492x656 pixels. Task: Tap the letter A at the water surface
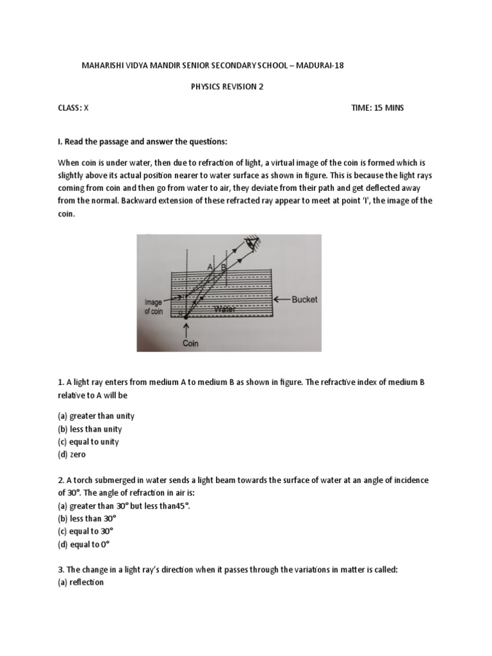[209, 265]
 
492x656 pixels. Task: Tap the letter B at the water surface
[223, 265]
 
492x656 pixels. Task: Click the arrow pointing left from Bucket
[283, 299]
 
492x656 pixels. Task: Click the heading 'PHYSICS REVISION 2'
[219, 87]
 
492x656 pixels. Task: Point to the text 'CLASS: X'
[74, 108]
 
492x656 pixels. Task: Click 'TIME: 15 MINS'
[378, 108]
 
